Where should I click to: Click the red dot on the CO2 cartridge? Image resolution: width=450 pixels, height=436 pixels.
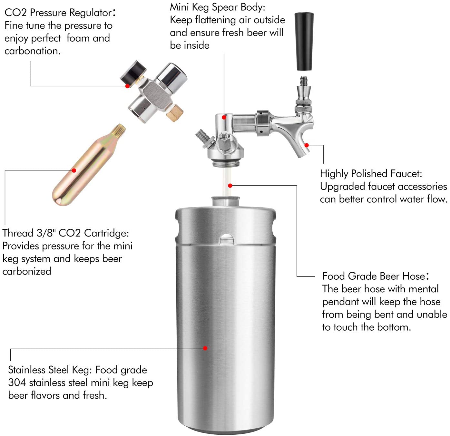(x=74, y=170)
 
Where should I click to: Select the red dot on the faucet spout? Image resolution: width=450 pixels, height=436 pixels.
(x=307, y=145)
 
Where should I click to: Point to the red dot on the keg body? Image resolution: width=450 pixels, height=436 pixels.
(x=205, y=348)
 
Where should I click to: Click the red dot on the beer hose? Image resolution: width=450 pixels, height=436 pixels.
(x=230, y=186)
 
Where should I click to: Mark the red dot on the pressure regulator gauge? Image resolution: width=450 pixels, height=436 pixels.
(x=128, y=86)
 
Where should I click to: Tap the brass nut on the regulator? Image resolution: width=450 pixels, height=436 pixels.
(x=175, y=113)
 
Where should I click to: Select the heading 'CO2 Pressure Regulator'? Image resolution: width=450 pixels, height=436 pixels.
(x=58, y=13)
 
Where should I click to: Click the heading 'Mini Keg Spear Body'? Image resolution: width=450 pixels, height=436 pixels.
(x=217, y=7)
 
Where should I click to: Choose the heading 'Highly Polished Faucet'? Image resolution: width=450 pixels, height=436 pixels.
(x=371, y=174)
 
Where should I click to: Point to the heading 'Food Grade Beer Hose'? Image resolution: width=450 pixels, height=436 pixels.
(x=374, y=276)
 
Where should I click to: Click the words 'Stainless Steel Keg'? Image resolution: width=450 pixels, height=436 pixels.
(x=50, y=370)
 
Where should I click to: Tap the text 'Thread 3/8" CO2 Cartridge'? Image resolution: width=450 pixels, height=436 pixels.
(x=65, y=233)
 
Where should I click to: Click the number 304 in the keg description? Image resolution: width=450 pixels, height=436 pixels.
(x=17, y=383)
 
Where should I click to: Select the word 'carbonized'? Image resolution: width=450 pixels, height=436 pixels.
(x=27, y=271)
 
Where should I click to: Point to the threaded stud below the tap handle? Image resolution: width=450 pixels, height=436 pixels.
(x=304, y=81)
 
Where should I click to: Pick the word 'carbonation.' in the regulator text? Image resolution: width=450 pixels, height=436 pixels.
(x=32, y=51)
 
